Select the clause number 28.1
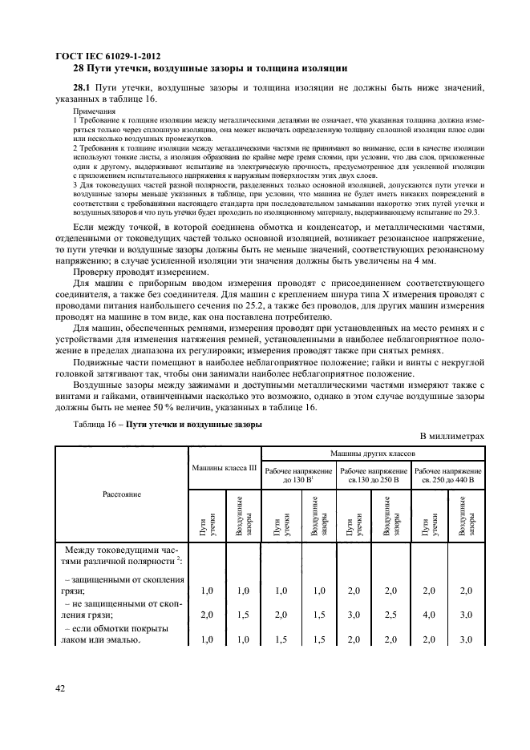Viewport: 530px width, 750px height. (x=82, y=87)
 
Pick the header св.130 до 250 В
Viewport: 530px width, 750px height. (x=373, y=480)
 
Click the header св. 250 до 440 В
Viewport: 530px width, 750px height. (x=448, y=480)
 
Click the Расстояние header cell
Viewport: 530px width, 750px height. (x=121, y=494)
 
